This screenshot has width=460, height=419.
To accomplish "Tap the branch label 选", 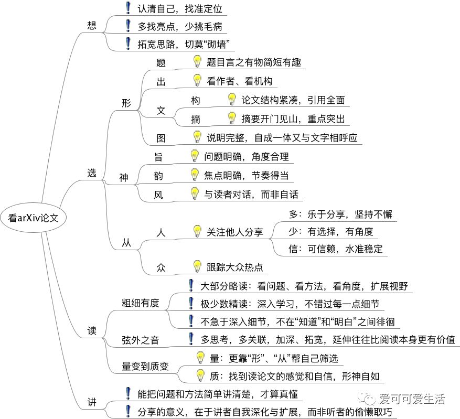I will pos(91,174).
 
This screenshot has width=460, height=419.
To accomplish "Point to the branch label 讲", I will pos(91,402).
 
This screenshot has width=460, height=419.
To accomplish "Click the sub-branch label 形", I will pos(126,103).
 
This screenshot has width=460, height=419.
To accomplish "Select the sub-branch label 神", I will pos(124,178).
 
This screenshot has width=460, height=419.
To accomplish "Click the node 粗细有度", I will pos(141,303).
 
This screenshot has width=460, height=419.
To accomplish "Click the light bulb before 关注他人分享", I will pos(197,231).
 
